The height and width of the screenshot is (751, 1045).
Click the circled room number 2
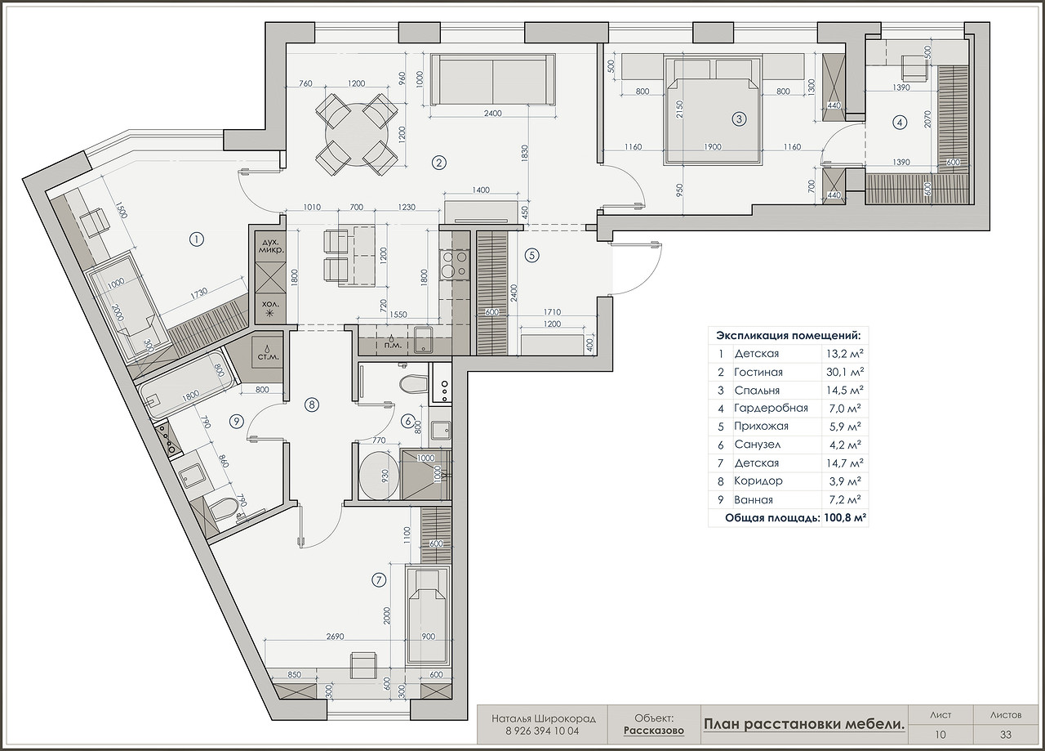pyautogui.click(x=439, y=163)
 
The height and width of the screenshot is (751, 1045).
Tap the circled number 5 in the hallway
pyautogui.click(x=531, y=256)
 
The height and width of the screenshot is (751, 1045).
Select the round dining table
pyautogui.click(x=357, y=135)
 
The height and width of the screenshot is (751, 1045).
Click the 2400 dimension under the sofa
pyautogui.click(x=492, y=113)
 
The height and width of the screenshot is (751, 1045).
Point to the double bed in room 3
pyautogui.click(x=713, y=110)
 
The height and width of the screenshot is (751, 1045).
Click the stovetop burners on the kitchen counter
pyautogui.click(x=453, y=264)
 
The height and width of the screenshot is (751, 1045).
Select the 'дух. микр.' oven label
pyautogui.click(x=270, y=246)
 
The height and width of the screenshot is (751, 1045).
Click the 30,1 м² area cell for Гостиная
pyautogui.click(x=844, y=372)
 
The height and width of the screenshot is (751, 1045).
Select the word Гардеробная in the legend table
pyautogui.click(x=771, y=409)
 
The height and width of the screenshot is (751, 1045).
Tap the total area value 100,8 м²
pyautogui.click(x=844, y=518)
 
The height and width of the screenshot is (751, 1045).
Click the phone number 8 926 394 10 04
pyautogui.click(x=542, y=731)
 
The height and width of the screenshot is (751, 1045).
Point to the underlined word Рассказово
pyautogui.click(x=654, y=731)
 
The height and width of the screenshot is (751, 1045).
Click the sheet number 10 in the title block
pyautogui.click(x=940, y=735)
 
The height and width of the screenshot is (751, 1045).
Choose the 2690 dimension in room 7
pyautogui.click(x=335, y=637)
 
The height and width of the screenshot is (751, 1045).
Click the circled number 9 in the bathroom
pyautogui.click(x=237, y=422)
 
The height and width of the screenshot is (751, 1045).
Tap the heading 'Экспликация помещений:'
pyautogui.click(x=789, y=335)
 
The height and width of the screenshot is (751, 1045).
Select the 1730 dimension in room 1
pyautogui.click(x=199, y=293)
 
